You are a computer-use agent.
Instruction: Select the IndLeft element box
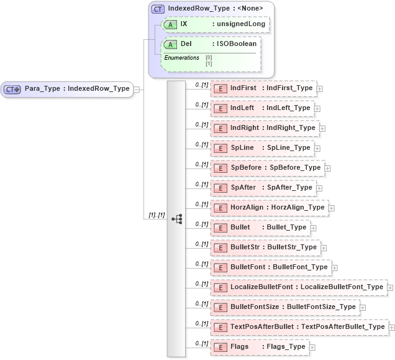(x=262, y=108)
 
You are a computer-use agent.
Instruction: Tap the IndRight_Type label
(x=291, y=128)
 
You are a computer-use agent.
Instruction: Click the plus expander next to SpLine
(x=317, y=148)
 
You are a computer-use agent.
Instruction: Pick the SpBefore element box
(x=267, y=168)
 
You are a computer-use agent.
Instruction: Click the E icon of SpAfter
(x=219, y=188)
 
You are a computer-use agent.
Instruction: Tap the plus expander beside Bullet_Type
(x=313, y=228)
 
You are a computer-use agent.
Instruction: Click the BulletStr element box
(x=265, y=247)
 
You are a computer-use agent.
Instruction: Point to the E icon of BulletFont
(x=219, y=267)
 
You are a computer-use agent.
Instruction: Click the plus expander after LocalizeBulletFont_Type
(x=390, y=287)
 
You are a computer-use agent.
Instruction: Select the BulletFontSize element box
(x=284, y=307)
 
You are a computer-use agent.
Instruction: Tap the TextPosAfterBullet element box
(x=299, y=327)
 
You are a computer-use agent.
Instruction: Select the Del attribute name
(x=186, y=44)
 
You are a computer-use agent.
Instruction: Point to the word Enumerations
(x=181, y=58)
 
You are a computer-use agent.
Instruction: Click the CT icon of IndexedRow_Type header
(x=158, y=9)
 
